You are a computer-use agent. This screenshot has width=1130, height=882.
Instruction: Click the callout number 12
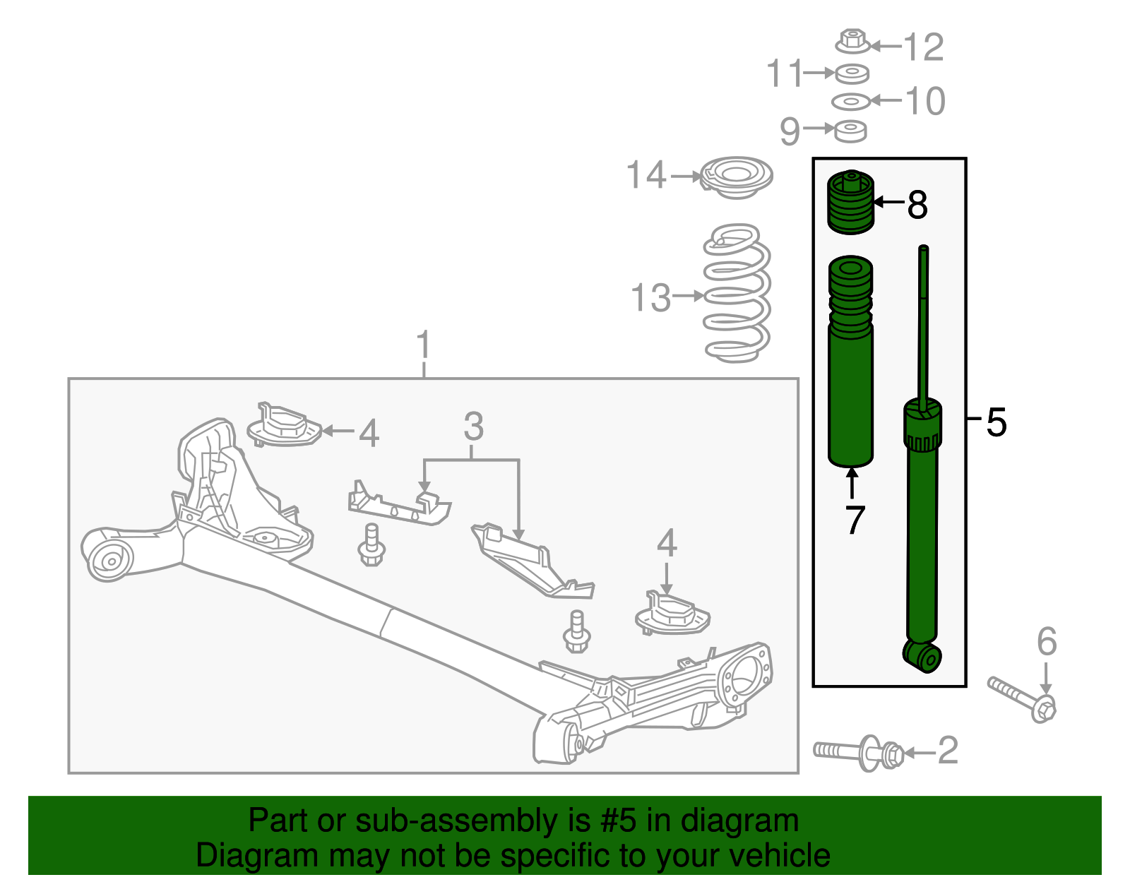tap(924, 47)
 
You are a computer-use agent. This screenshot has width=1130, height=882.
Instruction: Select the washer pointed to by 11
tap(852, 73)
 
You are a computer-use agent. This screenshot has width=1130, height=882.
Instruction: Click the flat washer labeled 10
tap(851, 102)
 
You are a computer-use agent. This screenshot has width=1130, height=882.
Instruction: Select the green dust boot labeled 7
tap(850, 367)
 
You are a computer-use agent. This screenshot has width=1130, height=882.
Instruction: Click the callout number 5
tap(996, 422)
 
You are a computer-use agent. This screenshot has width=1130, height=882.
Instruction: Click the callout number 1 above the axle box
tap(423, 345)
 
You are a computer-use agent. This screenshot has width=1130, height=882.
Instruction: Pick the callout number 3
tap(473, 427)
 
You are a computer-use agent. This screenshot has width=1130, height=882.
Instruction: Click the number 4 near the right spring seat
tap(667, 544)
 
